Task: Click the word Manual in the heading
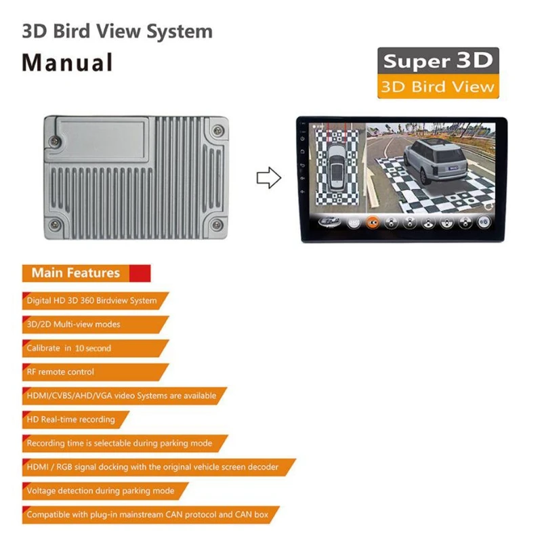pos(67,62)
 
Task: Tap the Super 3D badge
pos(438,60)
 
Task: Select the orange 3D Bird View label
pos(438,87)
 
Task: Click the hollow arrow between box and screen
pos(268,178)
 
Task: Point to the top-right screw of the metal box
pos(217,130)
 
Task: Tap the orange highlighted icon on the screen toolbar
pos(372,222)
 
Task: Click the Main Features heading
pos(75,273)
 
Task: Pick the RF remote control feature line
pos(60,372)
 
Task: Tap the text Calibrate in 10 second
pos(68,348)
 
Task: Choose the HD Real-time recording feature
pos(70,419)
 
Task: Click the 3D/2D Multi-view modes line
pos(73,325)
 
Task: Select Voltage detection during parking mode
pos(100,491)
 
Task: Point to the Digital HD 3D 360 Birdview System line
pos(91,301)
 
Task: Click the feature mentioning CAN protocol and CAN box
pos(147,515)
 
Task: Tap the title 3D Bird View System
pos(117,31)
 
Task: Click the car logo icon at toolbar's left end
pos(327,222)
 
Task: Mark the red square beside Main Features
pos(140,273)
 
